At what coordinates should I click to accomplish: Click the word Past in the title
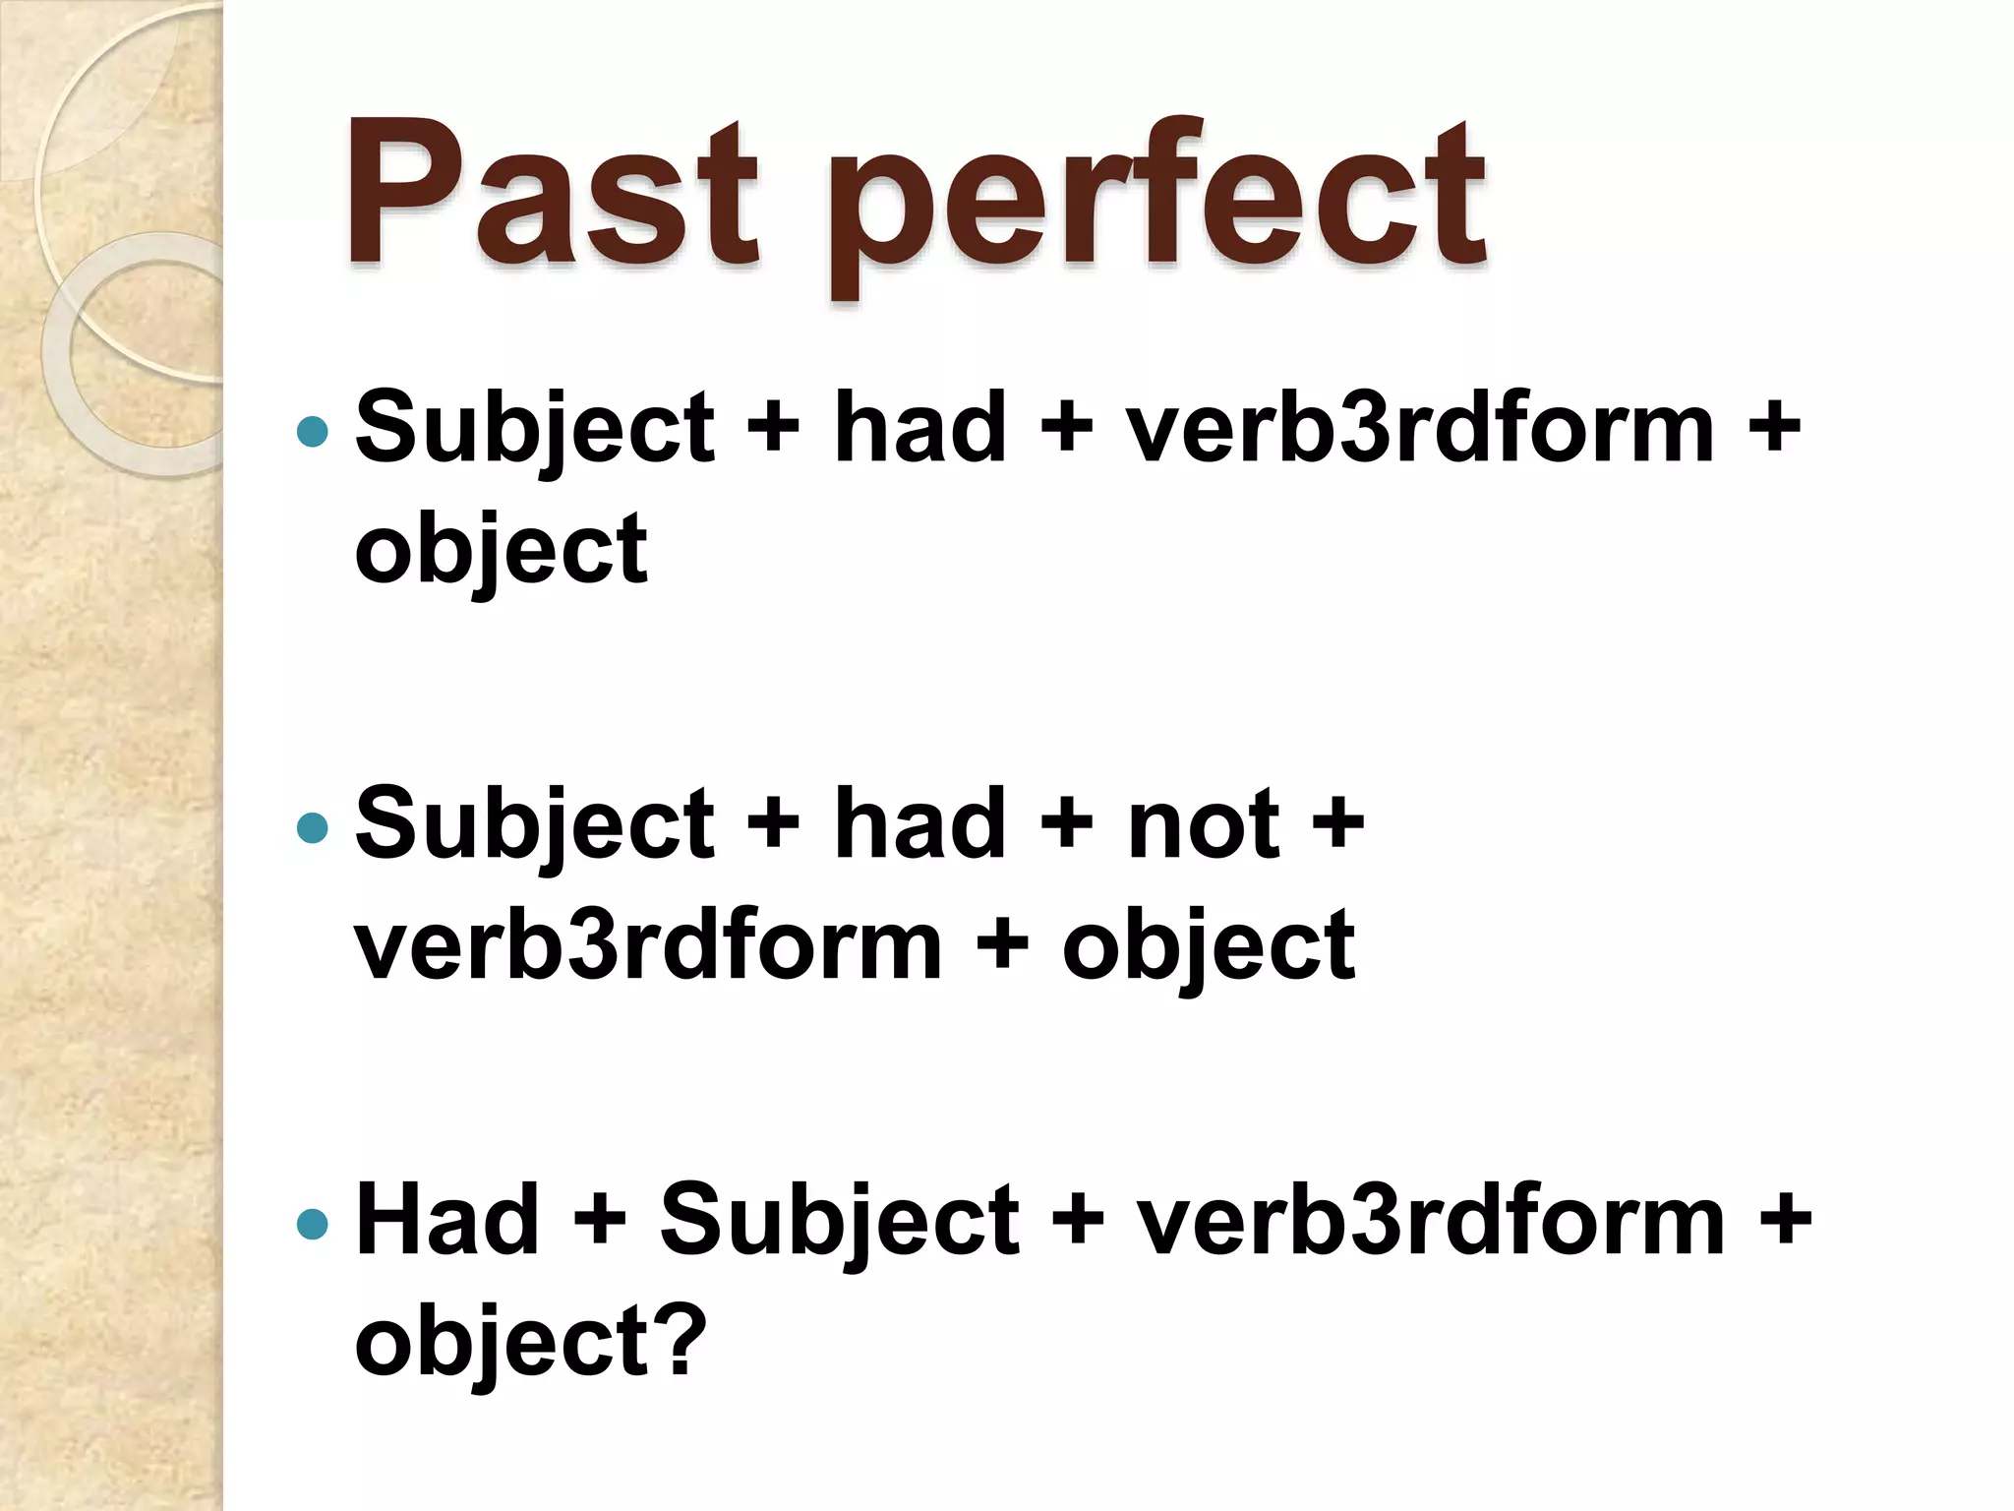coord(552,197)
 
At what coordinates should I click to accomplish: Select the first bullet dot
coord(312,431)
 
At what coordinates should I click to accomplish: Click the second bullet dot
coord(312,827)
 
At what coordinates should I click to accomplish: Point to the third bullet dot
coord(312,1224)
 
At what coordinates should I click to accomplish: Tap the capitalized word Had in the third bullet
coord(447,1220)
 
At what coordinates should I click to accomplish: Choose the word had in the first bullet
coord(920,429)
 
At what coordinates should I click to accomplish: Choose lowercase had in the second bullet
coord(920,824)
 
